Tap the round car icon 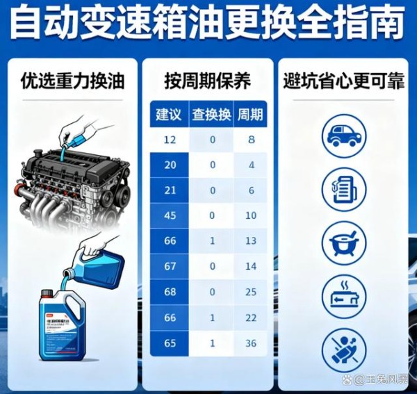(x=343, y=135)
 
